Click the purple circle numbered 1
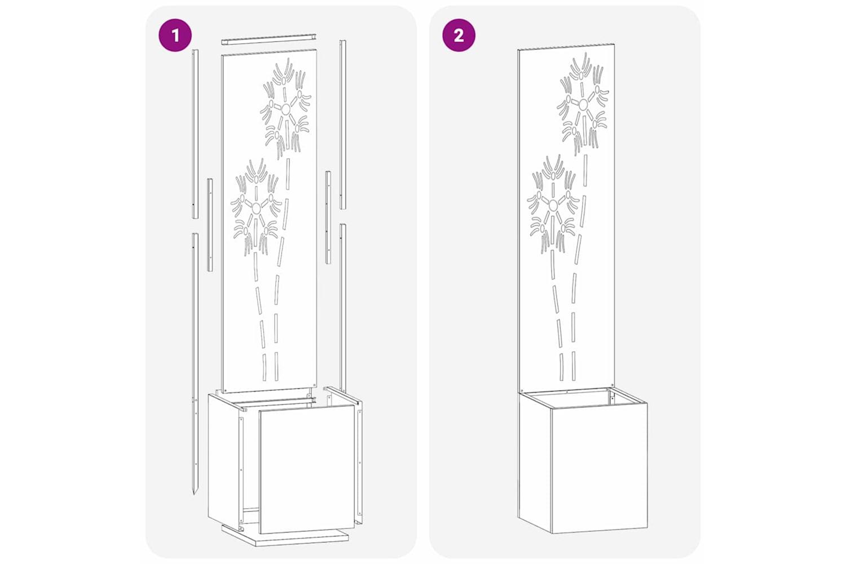(x=175, y=35)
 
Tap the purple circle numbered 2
(x=459, y=35)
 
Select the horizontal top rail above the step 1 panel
(x=269, y=39)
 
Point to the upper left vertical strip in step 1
(x=195, y=134)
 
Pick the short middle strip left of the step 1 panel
(x=210, y=225)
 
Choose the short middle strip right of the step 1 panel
(x=328, y=217)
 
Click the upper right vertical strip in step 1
(x=343, y=124)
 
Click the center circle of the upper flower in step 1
(x=285, y=109)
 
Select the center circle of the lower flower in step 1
(x=256, y=207)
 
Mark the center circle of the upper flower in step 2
(x=584, y=104)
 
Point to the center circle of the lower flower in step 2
(x=553, y=205)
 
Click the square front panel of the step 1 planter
(x=307, y=468)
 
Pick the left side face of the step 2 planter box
(x=534, y=460)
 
